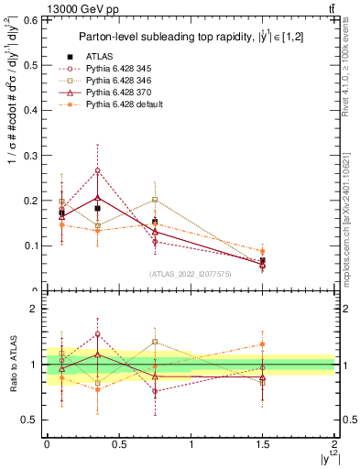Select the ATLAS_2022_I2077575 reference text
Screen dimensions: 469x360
191,273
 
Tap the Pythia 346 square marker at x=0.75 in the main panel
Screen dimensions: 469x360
155,200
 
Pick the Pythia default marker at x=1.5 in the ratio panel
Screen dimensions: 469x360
262,344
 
